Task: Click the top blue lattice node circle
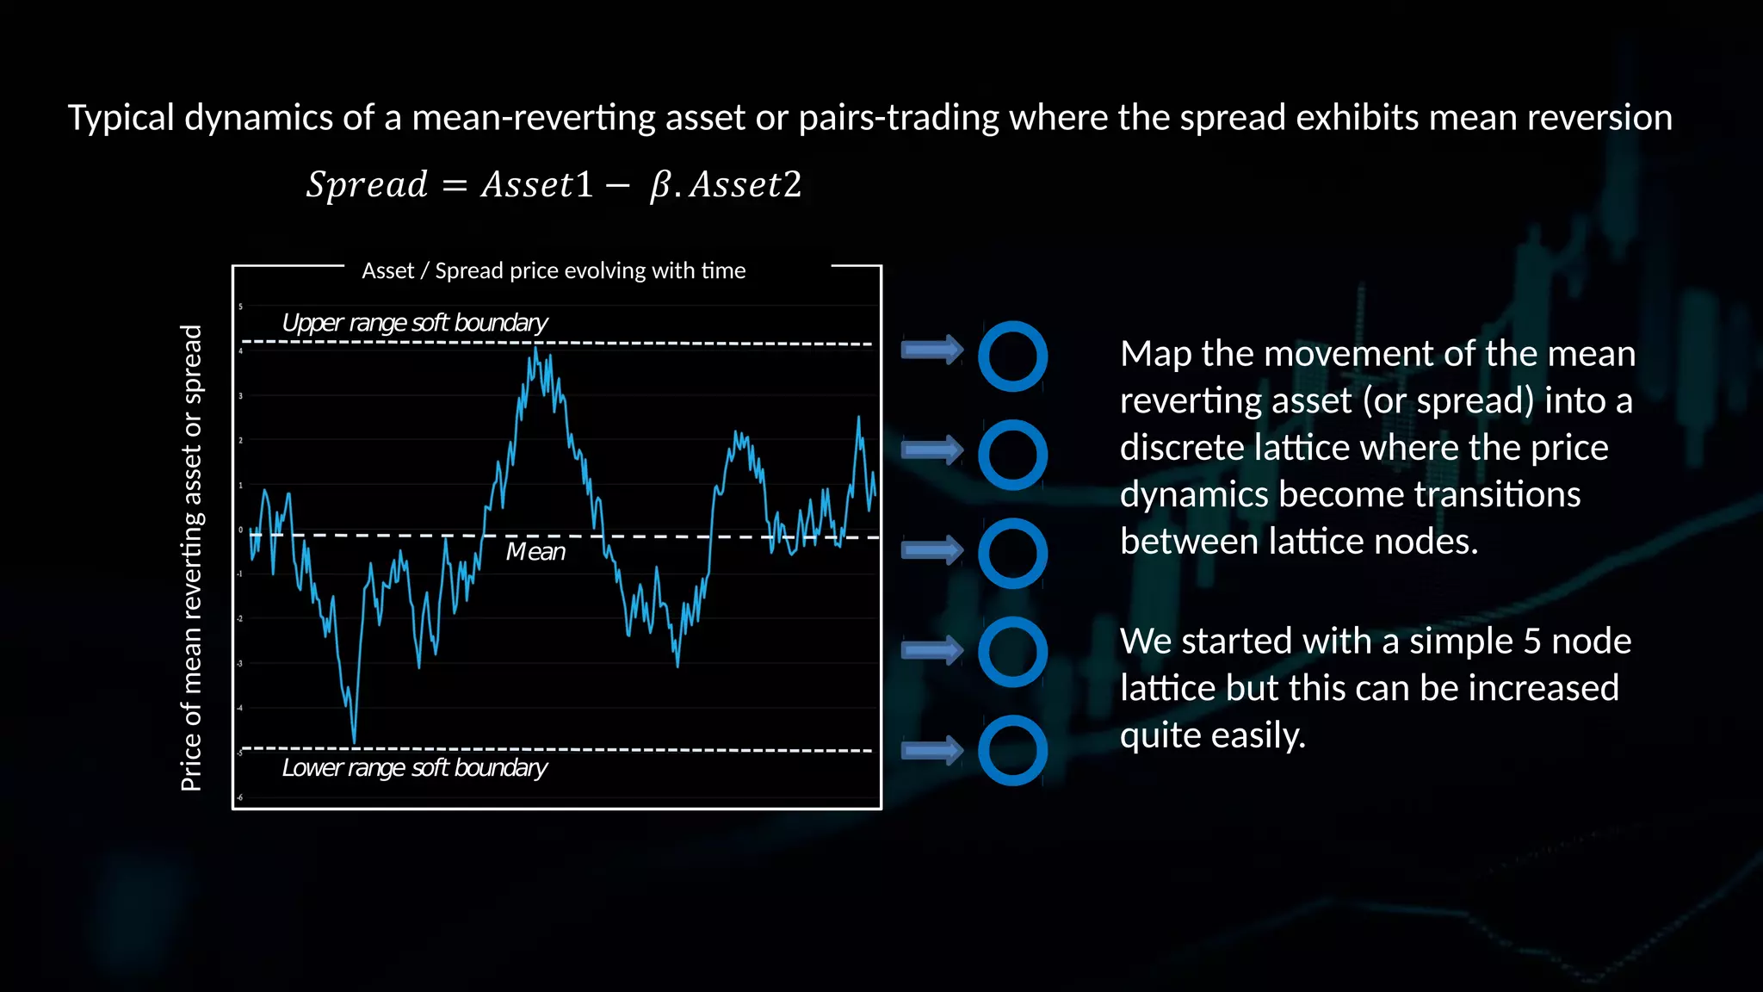(1012, 356)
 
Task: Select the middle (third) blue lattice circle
(1012, 554)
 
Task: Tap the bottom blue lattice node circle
(1012, 750)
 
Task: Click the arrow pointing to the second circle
(931, 449)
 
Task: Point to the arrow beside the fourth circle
(931, 651)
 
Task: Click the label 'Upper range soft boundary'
(414, 323)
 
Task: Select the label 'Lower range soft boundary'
(414, 767)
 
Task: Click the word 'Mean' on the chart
(535, 552)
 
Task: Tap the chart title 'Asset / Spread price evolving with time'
(554, 271)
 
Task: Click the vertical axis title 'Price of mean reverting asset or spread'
(191, 557)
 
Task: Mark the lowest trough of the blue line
(354, 741)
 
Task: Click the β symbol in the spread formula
(660, 185)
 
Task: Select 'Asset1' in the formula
(537, 185)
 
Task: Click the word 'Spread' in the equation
(367, 185)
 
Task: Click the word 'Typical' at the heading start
(121, 118)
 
